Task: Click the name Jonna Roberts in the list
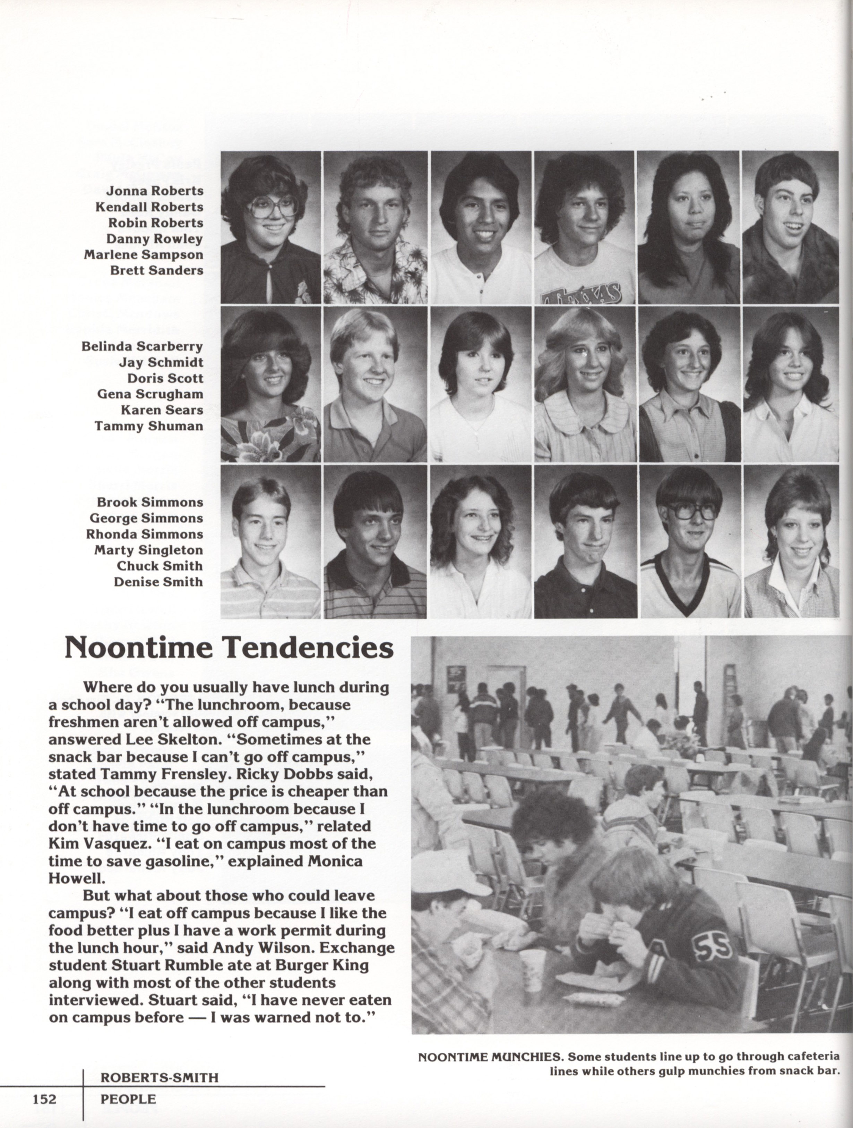(154, 191)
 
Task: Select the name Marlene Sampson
(143, 254)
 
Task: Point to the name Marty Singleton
(148, 550)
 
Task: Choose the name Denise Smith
(158, 582)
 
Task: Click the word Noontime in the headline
(139, 648)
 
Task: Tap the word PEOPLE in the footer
(128, 1098)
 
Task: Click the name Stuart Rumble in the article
(160, 965)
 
